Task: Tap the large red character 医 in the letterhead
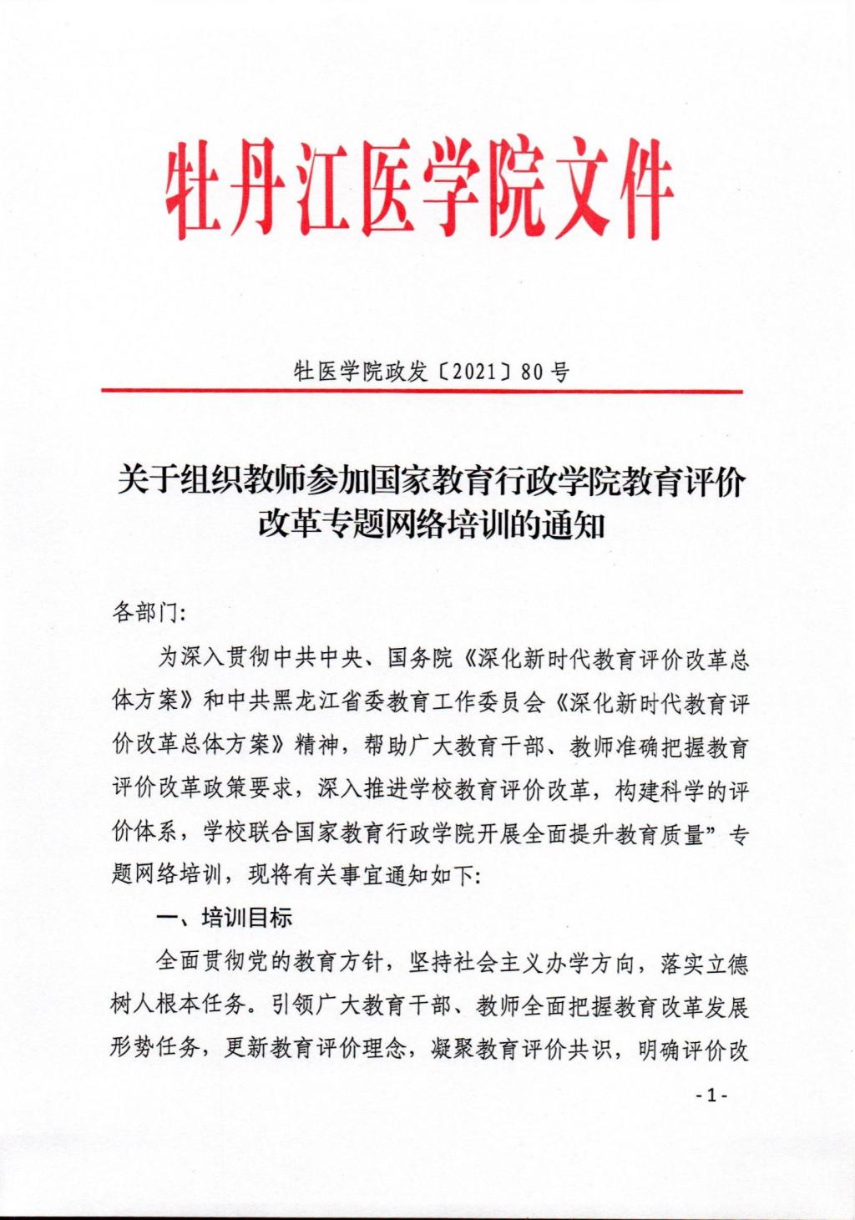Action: (383, 189)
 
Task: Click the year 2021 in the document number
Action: (474, 372)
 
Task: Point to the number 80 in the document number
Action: (531, 372)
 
